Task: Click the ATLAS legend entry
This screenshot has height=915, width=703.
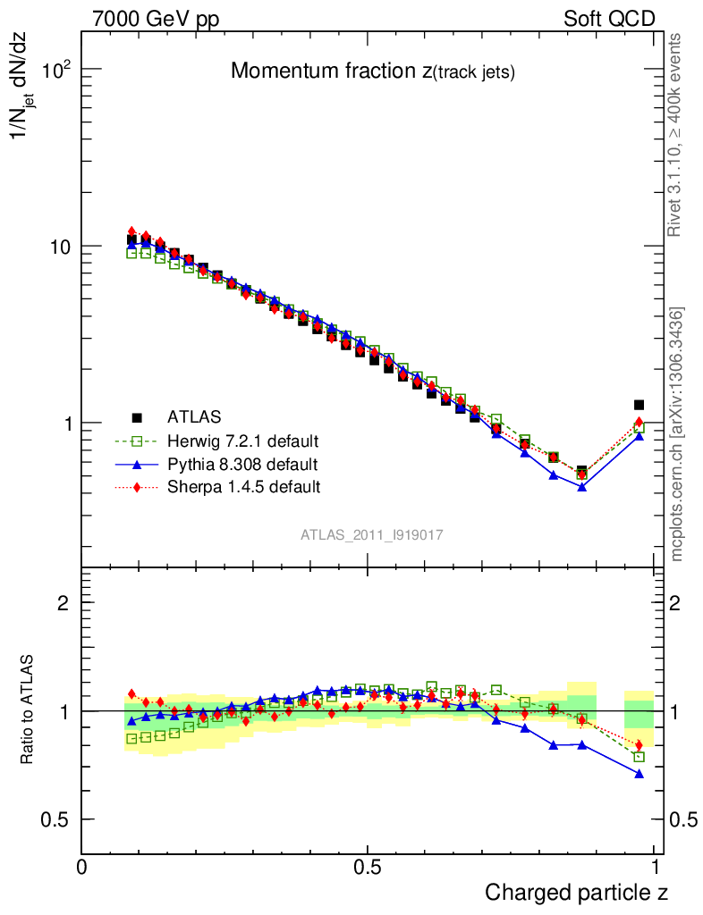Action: coord(192,416)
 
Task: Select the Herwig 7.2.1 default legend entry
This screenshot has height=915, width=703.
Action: coord(243,441)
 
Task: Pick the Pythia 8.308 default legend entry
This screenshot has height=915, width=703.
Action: coord(242,464)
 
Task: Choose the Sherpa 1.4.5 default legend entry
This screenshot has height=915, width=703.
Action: coord(243,487)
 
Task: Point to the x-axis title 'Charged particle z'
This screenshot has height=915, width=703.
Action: coord(576,892)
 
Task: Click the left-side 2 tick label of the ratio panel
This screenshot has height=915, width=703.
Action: coord(64,603)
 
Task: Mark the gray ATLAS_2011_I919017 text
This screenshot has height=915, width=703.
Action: coord(372,533)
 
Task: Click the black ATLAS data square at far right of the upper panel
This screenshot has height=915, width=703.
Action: coord(639,405)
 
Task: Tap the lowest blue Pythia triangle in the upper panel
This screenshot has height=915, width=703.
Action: coord(582,487)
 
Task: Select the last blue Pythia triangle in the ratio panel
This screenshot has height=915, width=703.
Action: coord(639,774)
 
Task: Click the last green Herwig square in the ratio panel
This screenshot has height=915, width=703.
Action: coord(639,757)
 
